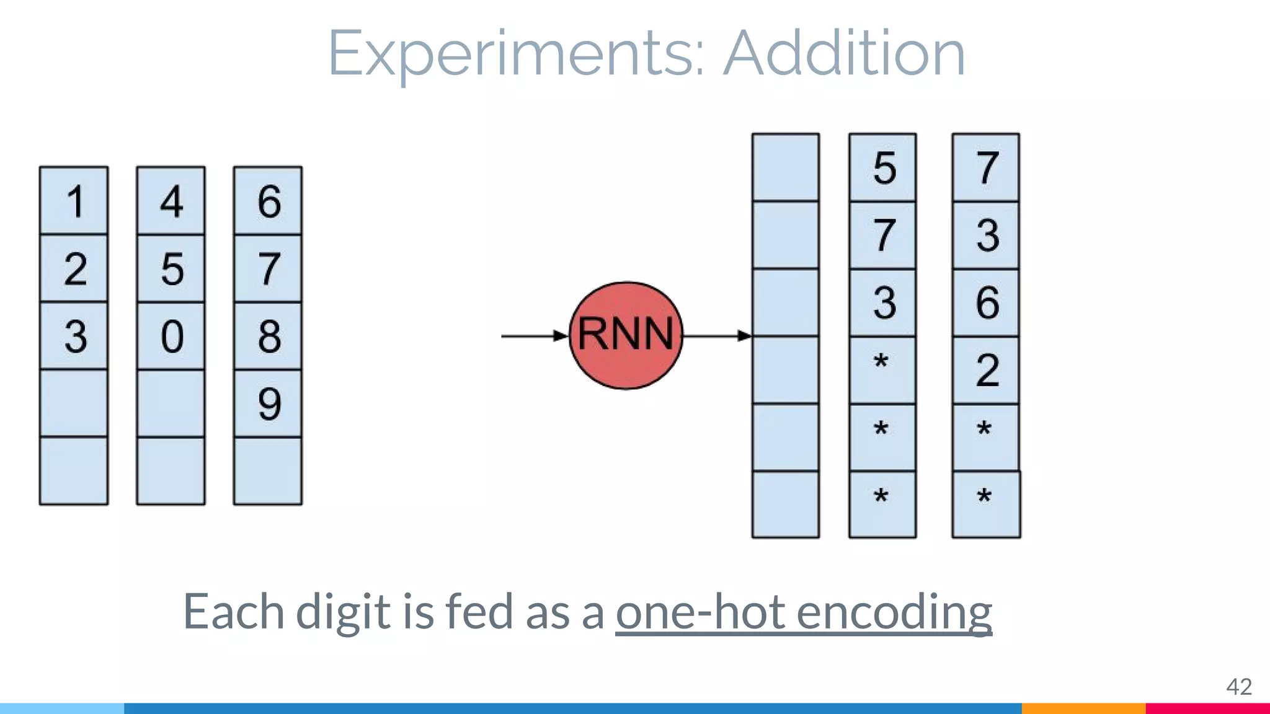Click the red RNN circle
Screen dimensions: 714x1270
pyautogui.click(x=626, y=335)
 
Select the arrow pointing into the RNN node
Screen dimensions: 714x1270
pyautogui.click(x=534, y=336)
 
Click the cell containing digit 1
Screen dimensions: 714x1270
pyautogui.click(x=74, y=201)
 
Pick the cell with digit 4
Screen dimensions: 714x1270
pyautogui.click(x=171, y=201)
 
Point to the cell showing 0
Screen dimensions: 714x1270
pyautogui.click(x=171, y=336)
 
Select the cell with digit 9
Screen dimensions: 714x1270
pyautogui.click(x=268, y=403)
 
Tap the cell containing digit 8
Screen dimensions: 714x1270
pyautogui.click(x=268, y=336)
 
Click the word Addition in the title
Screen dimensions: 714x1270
pyautogui.click(x=844, y=54)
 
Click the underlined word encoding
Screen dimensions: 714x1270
pyautogui.click(x=894, y=612)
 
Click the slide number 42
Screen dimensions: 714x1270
pyautogui.click(x=1238, y=687)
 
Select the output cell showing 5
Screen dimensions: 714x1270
pyautogui.click(x=882, y=167)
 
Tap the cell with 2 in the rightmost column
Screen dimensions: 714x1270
pyautogui.click(x=986, y=370)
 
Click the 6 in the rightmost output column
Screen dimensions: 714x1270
pyautogui.click(x=986, y=302)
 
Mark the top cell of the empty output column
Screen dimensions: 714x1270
pyautogui.click(x=786, y=167)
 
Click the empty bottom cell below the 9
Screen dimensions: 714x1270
pyautogui.click(x=268, y=471)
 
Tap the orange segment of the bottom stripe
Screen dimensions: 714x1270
pyautogui.click(x=1083, y=708)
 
